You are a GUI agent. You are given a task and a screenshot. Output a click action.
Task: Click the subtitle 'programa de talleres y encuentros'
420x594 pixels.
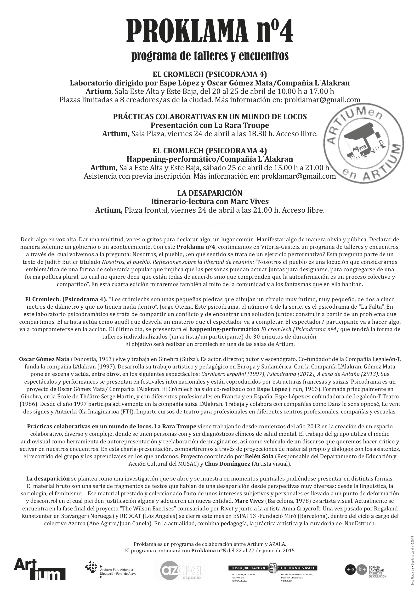[x=210, y=56]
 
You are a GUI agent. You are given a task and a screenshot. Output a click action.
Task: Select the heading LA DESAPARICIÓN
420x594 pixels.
[x=210, y=193]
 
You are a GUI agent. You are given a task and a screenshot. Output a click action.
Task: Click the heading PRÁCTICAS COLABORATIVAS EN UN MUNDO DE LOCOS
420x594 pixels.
[x=210, y=117]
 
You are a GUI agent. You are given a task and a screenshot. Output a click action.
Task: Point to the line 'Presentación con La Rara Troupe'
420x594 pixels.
[x=210, y=125]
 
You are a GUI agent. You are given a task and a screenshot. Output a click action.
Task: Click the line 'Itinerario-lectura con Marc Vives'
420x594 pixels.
[x=210, y=201]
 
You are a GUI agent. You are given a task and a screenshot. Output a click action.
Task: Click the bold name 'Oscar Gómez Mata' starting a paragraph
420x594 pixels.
[x=44, y=359]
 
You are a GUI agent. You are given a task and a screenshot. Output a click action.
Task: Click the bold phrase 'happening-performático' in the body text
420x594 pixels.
[x=224, y=329]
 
